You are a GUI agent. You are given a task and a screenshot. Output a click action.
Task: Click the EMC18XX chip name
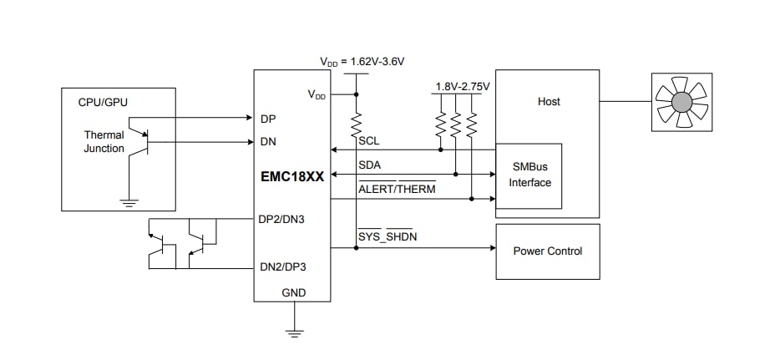(291, 177)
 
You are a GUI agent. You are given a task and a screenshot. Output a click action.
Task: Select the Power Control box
(548, 251)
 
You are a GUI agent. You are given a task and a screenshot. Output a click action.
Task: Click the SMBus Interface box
(530, 176)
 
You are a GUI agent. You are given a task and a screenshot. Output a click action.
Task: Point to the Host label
(549, 101)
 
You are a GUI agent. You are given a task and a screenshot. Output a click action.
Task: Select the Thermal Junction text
(104, 141)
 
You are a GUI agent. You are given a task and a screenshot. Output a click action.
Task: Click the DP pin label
(268, 119)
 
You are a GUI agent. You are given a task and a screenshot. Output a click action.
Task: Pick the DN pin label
(268, 142)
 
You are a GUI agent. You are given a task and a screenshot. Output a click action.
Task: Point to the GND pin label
(293, 293)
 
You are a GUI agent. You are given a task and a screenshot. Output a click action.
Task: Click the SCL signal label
(368, 141)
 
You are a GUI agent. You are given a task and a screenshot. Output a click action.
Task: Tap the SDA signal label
(369, 165)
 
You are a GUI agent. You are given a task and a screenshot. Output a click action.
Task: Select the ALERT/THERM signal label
(397, 189)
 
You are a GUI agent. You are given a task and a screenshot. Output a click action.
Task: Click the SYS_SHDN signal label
(387, 237)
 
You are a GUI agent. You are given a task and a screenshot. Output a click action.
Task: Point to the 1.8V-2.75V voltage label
(463, 86)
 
